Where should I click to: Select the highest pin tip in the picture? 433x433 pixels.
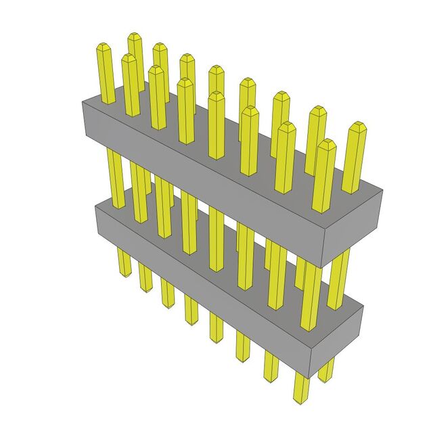(x=135, y=35)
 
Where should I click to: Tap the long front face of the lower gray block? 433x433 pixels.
(x=203, y=284)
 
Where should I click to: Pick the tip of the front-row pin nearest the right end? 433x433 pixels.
(x=326, y=143)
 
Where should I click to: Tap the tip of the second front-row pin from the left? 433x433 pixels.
(x=156, y=68)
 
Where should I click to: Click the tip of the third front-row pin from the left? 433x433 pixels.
(x=185, y=81)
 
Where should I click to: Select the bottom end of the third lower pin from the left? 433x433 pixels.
(x=168, y=304)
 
